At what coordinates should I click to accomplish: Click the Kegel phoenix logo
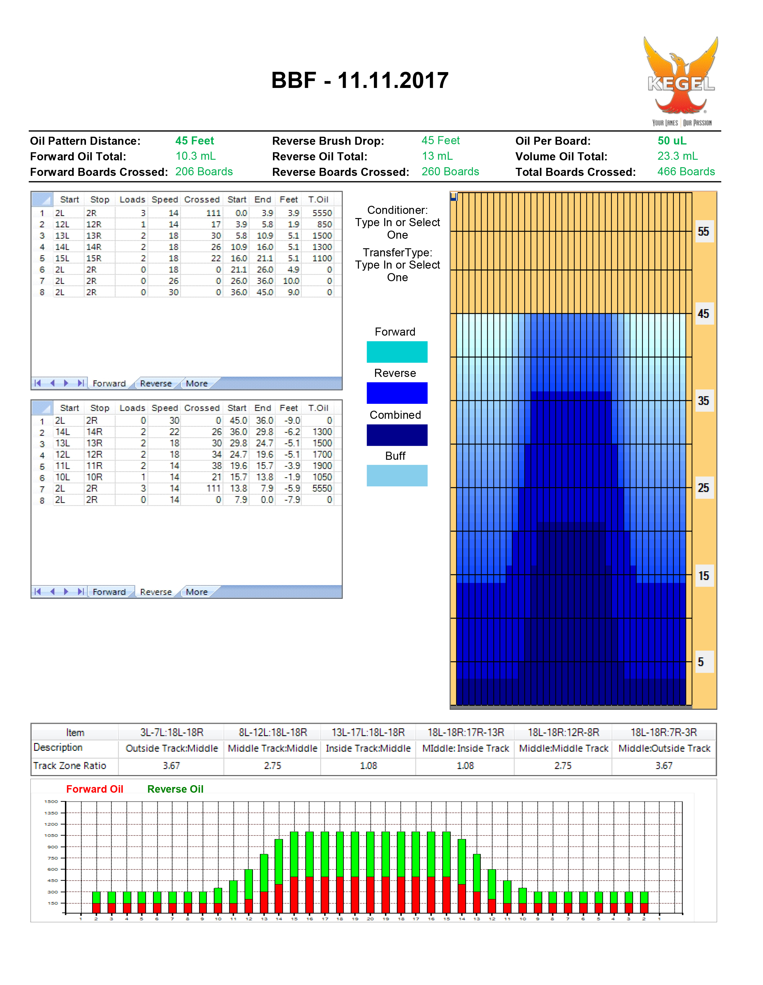[x=681, y=81]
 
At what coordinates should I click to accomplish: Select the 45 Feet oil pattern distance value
[x=195, y=141]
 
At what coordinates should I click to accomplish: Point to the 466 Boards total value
[x=686, y=172]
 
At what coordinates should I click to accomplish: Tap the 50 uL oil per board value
[x=672, y=141]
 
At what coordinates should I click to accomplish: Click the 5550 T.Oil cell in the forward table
[x=322, y=213]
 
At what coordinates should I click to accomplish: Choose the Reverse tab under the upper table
[x=156, y=383]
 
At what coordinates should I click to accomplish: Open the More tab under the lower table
[x=197, y=592]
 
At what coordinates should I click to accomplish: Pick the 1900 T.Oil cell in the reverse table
[x=322, y=466]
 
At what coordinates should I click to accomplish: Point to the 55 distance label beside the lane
[x=703, y=232]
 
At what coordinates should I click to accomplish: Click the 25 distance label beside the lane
[x=703, y=488]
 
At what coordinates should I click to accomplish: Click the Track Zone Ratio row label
[x=69, y=766]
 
